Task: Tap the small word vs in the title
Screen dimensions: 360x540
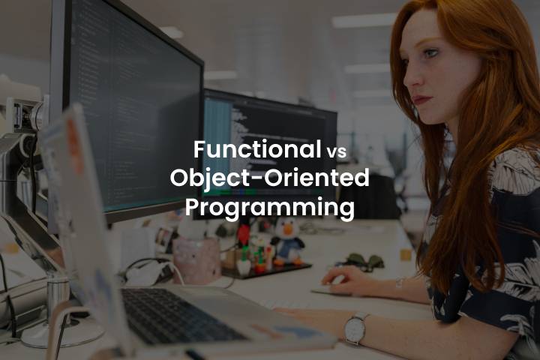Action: [336, 151]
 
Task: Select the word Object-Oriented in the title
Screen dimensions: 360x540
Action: [270, 178]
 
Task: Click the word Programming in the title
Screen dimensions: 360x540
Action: [270, 207]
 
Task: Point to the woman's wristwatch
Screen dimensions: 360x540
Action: [355, 327]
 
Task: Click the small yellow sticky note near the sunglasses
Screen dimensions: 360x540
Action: [405, 255]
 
